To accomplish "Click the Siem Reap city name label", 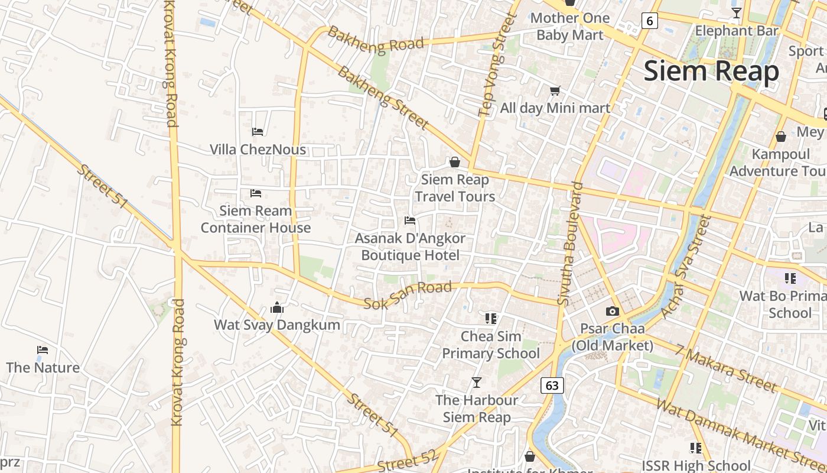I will click(711, 71).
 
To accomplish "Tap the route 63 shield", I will click(552, 385).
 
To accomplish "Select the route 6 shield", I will click(650, 21).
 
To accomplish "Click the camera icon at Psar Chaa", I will click(613, 311).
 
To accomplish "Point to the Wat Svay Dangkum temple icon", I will click(277, 307).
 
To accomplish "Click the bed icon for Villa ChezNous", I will click(258, 131).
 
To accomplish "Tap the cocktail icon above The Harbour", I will click(477, 383).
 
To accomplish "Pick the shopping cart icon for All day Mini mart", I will click(555, 90).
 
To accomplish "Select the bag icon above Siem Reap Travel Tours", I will click(455, 162).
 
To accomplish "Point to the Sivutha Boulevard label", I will click(570, 244).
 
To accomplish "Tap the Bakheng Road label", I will click(376, 40).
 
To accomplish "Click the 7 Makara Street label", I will click(727, 368).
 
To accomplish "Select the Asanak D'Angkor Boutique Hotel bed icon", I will click(410, 221).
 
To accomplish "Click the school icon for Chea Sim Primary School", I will click(491, 319).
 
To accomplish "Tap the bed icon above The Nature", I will click(43, 350).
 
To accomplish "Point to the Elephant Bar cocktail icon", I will click(737, 12).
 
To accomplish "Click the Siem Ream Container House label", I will click(256, 219).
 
